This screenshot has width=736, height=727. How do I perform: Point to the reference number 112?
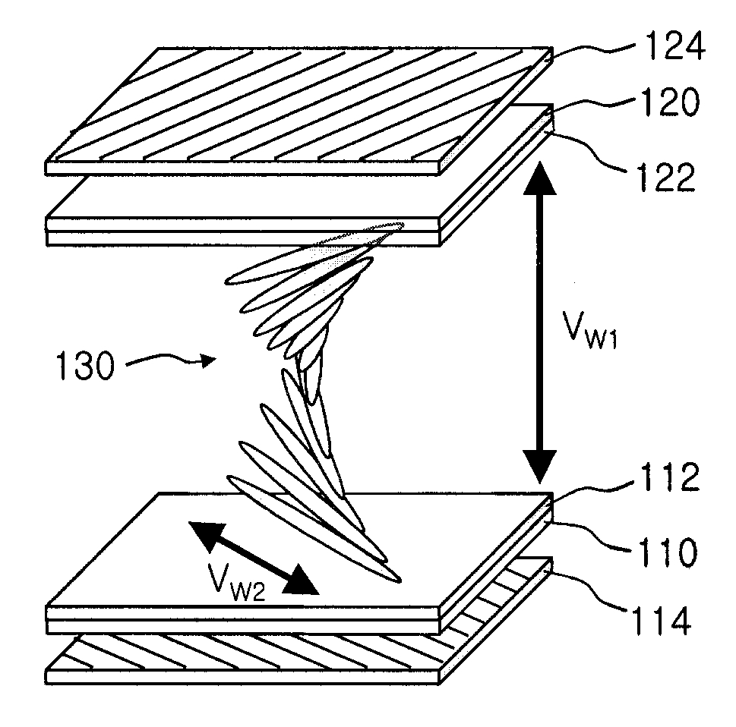pos(670,477)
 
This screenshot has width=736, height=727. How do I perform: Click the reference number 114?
pos(662,620)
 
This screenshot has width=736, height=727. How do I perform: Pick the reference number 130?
pos(85,365)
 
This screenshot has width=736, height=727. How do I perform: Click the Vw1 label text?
pos(590,330)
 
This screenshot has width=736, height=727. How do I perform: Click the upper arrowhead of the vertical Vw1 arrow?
pos(540,178)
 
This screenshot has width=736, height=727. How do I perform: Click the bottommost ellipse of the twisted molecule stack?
pos(314,529)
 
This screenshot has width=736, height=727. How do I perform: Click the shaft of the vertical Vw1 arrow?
pos(540,323)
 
